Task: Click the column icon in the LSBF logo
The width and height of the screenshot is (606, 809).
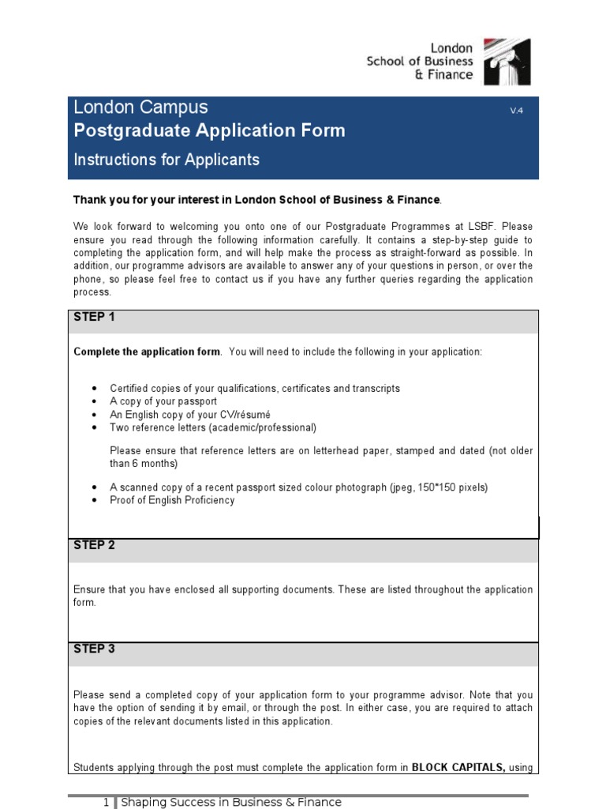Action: [507, 61]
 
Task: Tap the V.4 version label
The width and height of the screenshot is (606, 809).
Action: [516, 111]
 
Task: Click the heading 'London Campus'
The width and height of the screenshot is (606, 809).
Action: [140, 107]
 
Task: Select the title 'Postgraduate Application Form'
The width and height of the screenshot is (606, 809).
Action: [209, 130]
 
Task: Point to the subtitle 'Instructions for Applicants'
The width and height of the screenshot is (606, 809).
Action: [166, 160]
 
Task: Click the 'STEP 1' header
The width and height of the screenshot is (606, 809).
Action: [94, 317]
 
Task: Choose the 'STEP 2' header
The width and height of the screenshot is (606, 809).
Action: [94, 545]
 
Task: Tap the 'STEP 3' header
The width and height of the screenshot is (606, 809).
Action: [94, 649]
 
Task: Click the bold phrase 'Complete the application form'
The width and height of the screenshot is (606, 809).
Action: [147, 352]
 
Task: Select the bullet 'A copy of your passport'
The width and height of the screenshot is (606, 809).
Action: [163, 401]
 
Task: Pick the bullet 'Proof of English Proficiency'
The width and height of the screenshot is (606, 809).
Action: [172, 500]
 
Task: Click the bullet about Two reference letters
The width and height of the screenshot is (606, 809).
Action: [212, 427]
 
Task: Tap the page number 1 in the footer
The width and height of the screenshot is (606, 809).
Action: [106, 802]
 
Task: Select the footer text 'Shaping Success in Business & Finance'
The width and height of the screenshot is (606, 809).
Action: [230, 802]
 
